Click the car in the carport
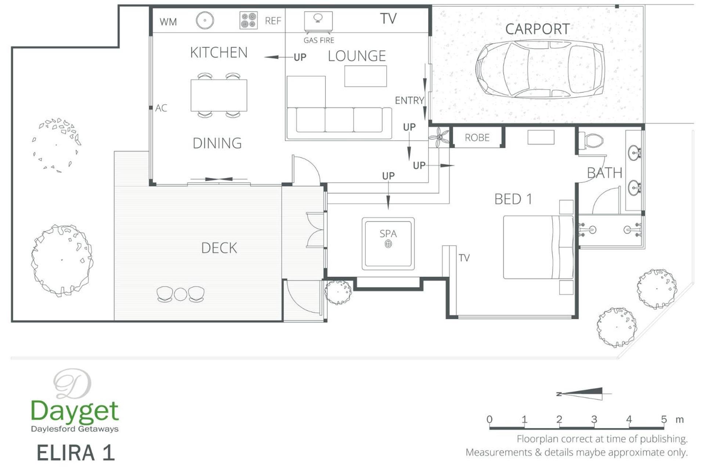click(x=540, y=69)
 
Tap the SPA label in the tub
click(x=388, y=234)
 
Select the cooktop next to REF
click(x=248, y=20)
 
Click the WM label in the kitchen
click(x=168, y=22)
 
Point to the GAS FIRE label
click(x=319, y=40)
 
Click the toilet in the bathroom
click(x=591, y=140)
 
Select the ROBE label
click(x=477, y=138)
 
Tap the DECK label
click(x=219, y=248)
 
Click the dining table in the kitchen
click(x=219, y=95)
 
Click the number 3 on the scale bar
click(x=594, y=419)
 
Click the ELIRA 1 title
click(x=76, y=453)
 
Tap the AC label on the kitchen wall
click(x=161, y=108)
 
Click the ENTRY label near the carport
click(x=409, y=100)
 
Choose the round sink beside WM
click(x=205, y=20)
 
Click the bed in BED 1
click(x=538, y=247)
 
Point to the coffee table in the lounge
click(x=365, y=76)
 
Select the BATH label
click(x=604, y=173)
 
